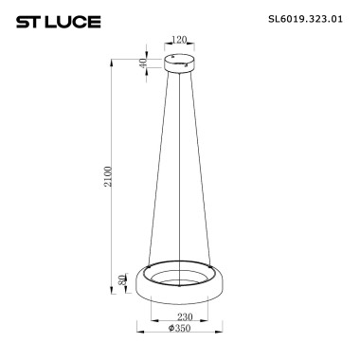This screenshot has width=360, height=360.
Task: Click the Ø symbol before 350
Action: pos(170,330)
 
